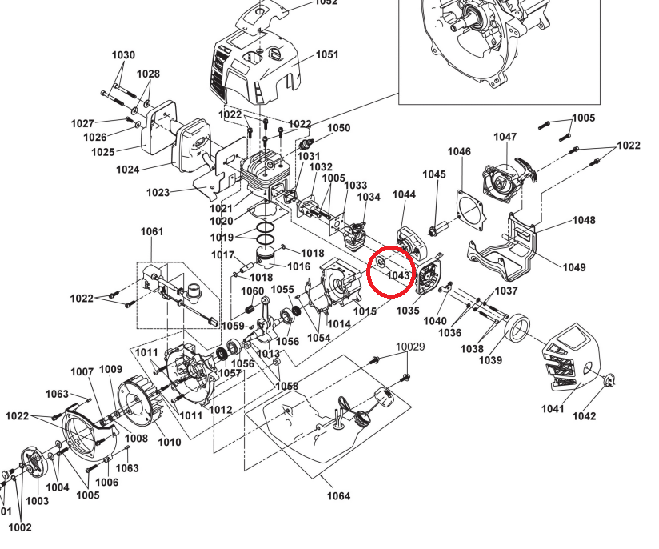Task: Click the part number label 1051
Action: (327, 55)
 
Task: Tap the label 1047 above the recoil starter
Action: (505, 137)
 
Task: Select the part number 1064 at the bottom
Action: (338, 495)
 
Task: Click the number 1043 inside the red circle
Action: (397, 274)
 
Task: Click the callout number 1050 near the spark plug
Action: (339, 128)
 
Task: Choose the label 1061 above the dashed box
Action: (151, 232)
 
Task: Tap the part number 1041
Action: (553, 409)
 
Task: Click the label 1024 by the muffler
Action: (127, 170)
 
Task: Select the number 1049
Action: (573, 267)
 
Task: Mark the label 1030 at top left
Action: (123, 55)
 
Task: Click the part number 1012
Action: (221, 410)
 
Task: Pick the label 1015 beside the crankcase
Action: (365, 311)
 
